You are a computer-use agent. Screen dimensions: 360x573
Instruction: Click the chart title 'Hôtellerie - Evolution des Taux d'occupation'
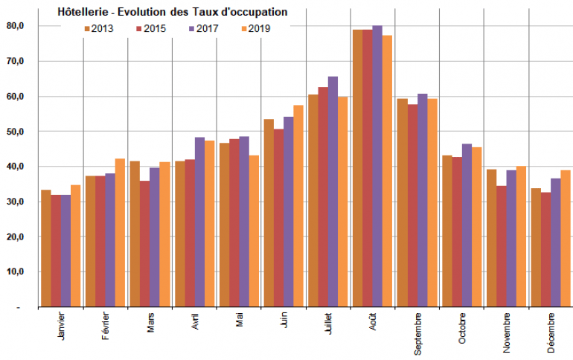[173, 13]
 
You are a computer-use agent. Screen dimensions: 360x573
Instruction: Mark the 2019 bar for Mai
[254, 231]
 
